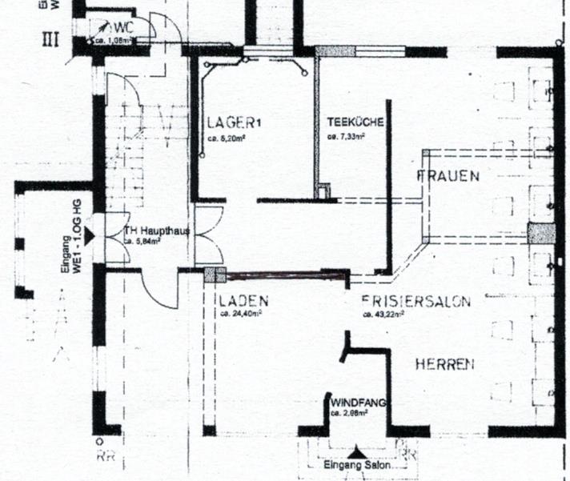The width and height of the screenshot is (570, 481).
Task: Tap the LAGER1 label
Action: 234,123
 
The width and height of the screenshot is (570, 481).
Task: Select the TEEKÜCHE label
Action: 355,123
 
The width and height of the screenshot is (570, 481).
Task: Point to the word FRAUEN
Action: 448,176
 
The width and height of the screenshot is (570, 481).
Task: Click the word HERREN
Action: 444,364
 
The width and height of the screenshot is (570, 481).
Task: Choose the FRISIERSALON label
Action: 415,302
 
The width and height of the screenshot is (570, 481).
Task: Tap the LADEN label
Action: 243,301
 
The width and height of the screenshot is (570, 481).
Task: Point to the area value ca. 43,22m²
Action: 383,315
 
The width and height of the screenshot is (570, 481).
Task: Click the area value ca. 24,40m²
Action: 240,314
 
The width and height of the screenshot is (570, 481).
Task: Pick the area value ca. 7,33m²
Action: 346,137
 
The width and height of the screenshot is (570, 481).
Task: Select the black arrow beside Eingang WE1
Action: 90,235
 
